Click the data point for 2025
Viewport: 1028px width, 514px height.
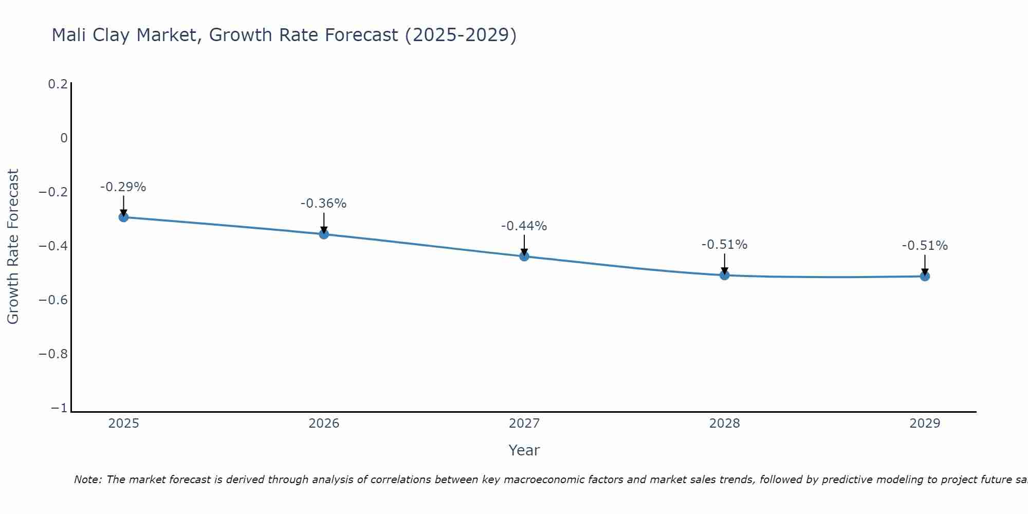(x=123, y=217)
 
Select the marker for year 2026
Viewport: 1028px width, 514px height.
(x=324, y=234)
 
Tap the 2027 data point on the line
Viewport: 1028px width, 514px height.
(x=524, y=256)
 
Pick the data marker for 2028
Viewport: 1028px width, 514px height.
(x=724, y=275)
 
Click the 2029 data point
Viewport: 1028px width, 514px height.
(x=925, y=276)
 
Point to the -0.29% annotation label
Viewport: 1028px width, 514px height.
(x=123, y=187)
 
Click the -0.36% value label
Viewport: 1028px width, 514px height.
(x=323, y=204)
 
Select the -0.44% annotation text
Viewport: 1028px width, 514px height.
(x=524, y=226)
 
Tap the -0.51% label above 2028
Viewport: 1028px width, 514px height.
(x=724, y=245)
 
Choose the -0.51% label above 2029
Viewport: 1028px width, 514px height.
(x=925, y=246)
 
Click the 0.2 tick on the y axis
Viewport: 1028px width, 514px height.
(x=58, y=84)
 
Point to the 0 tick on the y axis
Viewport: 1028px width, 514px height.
(x=64, y=138)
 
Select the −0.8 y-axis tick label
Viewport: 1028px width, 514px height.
(x=53, y=354)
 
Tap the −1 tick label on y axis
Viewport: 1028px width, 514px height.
(x=59, y=408)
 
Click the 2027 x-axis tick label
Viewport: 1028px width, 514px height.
(x=524, y=424)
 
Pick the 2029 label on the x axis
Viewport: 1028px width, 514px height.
(x=925, y=424)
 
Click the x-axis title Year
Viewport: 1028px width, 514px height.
(x=524, y=450)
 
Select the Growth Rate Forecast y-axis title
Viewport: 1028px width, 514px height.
(x=13, y=247)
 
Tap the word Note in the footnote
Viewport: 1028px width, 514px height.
(x=87, y=480)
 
